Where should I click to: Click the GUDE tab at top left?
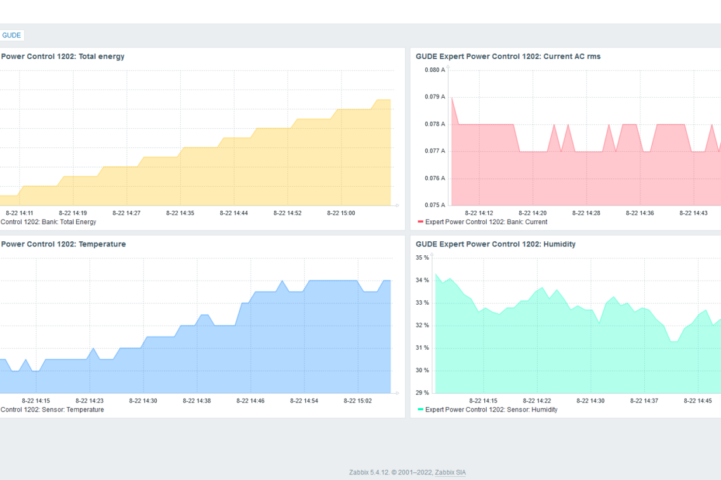11,36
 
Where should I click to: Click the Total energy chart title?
63,57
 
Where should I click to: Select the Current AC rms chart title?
508,57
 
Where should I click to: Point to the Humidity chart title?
495,244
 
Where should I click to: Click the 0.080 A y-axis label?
435,70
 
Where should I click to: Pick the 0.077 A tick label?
435,151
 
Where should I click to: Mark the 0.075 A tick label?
435,205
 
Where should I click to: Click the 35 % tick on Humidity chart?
423,258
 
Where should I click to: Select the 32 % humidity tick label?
423,325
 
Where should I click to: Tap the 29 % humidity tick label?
423,392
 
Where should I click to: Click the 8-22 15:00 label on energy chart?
341,213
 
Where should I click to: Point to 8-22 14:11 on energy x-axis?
20,213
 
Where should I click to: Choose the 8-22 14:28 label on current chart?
586,213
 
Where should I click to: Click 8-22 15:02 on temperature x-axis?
358,401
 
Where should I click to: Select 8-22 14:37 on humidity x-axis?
644,401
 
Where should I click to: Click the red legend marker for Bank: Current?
420,222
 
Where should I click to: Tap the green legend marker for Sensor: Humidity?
420,410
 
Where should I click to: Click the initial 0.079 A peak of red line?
452,97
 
